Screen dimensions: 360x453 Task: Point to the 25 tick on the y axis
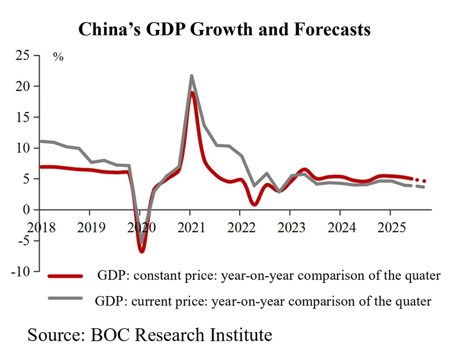pos(24,55)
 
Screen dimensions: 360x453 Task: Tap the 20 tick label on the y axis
pos(24,87)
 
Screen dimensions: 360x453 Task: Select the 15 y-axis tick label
pos(24,117)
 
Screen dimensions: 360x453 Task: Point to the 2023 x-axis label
pos(289,228)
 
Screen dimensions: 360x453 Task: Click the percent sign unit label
pos(58,57)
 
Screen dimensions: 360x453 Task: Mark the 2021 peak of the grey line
pos(191,76)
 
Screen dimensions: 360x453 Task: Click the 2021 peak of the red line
pos(192,92)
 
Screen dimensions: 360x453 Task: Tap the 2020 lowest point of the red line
pos(142,251)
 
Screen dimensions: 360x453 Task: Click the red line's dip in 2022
pos(255,204)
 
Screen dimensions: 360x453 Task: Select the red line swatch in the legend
pos(66,276)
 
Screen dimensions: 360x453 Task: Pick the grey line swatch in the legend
pos(66,299)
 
